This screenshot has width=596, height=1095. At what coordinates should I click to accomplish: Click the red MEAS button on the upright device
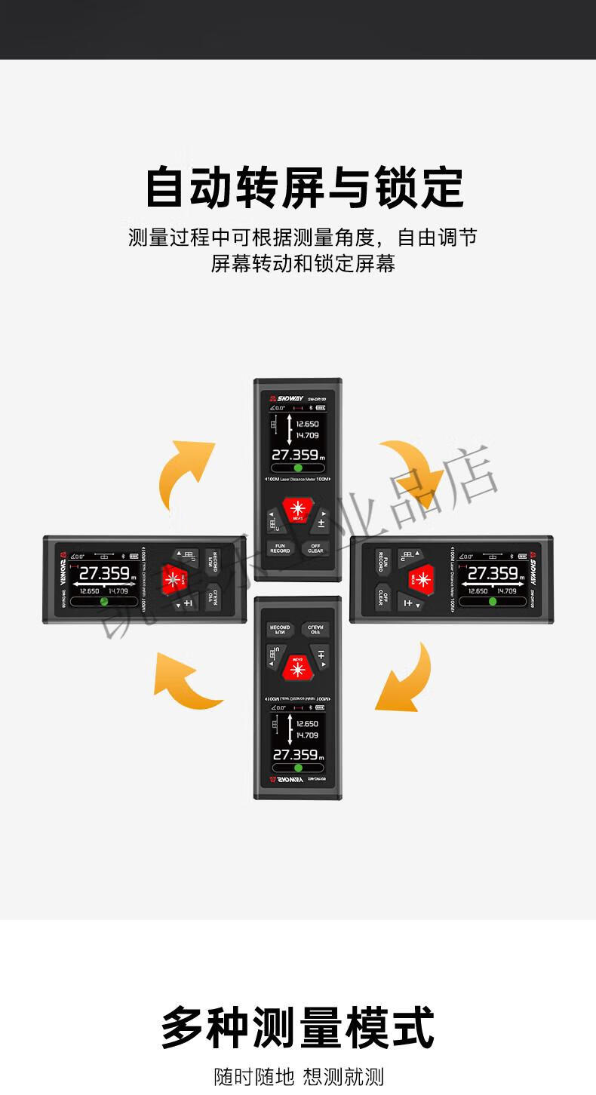pyautogui.click(x=296, y=509)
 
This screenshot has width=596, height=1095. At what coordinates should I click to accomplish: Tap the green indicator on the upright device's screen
pyautogui.click(x=298, y=468)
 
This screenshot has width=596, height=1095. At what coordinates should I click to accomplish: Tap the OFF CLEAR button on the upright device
pyautogui.click(x=315, y=548)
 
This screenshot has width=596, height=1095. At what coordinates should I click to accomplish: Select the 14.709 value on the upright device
pyautogui.click(x=307, y=435)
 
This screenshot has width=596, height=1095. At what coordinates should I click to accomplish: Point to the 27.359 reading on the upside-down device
pyautogui.click(x=295, y=755)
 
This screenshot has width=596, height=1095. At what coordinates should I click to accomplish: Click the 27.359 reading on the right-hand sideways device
pyautogui.click(x=493, y=573)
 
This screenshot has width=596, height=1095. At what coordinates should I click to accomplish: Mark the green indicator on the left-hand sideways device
pyautogui.click(x=104, y=602)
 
